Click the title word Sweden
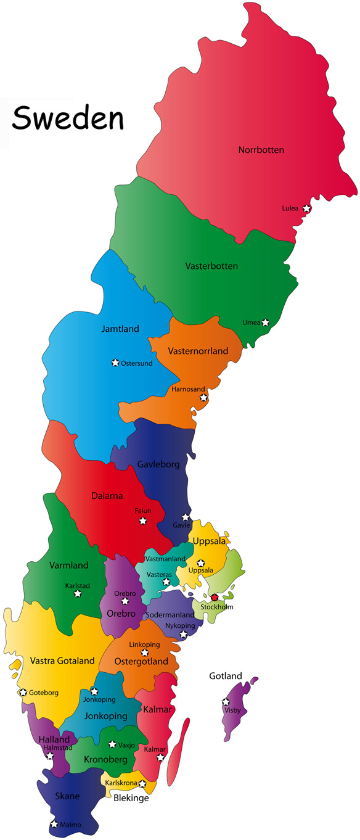(x=67, y=118)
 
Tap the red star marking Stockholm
(x=214, y=597)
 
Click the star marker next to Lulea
(x=306, y=208)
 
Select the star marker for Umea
(x=265, y=322)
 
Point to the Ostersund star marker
(x=115, y=363)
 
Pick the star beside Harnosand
(x=203, y=397)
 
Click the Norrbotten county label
(x=261, y=150)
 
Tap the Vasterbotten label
(x=211, y=266)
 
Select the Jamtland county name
(x=120, y=329)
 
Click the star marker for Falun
(x=143, y=521)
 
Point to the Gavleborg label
(x=158, y=464)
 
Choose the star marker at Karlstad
(x=78, y=593)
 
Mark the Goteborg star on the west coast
(x=23, y=692)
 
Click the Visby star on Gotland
(x=226, y=702)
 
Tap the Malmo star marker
(x=54, y=824)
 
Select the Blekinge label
(x=131, y=797)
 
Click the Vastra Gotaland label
(x=62, y=661)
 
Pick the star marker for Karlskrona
(x=142, y=783)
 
